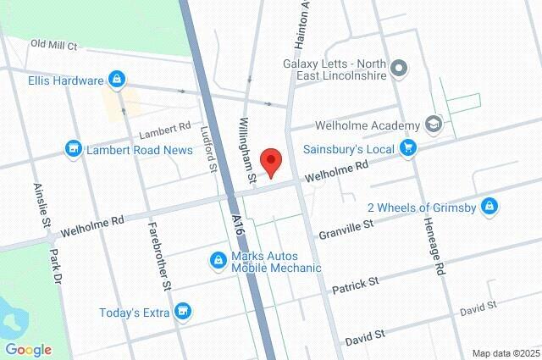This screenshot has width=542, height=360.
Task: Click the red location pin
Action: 271,161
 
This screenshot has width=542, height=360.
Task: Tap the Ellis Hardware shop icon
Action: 117,81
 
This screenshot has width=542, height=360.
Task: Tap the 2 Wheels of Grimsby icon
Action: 489,206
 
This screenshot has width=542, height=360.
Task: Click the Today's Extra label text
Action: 135,313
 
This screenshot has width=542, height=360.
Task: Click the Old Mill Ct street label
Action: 54,44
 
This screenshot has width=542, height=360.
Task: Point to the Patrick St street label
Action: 355,284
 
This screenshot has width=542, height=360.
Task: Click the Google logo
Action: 28,349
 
